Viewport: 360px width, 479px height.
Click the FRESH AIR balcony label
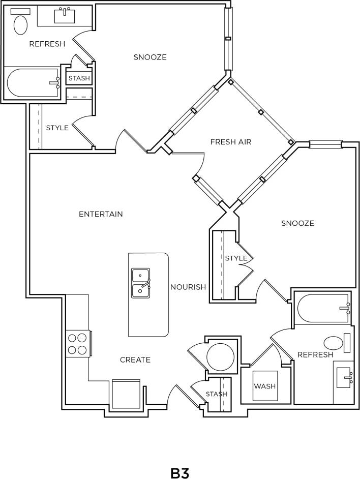point(231,142)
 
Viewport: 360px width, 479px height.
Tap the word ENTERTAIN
point(101,214)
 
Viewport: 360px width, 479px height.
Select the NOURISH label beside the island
point(188,287)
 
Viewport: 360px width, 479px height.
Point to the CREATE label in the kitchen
point(135,360)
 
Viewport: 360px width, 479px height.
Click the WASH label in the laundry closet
point(264,386)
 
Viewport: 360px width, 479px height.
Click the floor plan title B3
point(179,473)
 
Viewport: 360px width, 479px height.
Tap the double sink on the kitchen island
point(140,283)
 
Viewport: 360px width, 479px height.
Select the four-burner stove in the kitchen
point(77,343)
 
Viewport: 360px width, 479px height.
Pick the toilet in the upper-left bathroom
point(20,24)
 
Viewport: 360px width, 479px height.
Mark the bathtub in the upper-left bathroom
point(33,83)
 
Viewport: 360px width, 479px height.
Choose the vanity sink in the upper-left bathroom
point(65,16)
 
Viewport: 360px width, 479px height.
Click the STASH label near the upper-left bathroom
point(79,78)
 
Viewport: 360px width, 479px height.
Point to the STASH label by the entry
point(217,394)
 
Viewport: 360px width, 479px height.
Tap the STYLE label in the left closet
point(57,128)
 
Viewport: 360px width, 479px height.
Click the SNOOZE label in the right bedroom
point(297,223)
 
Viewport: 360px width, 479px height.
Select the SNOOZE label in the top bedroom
point(150,57)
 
